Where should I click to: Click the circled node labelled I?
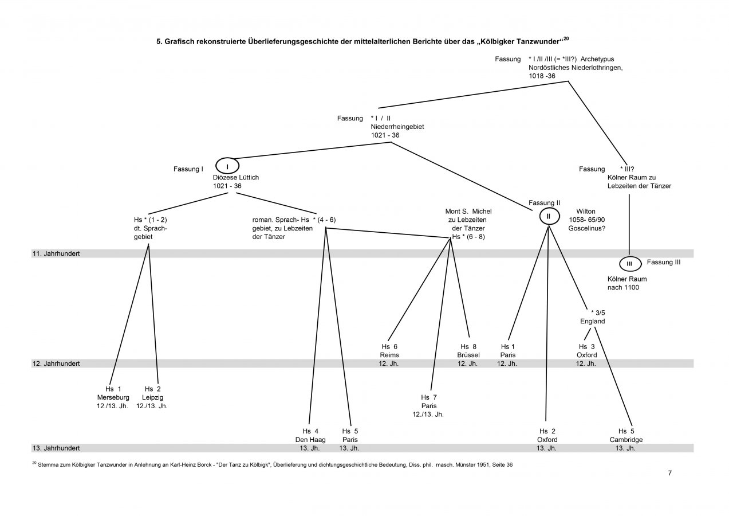[x=227, y=166]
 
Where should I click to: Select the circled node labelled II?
[x=548, y=216]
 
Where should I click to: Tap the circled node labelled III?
[x=629, y=264]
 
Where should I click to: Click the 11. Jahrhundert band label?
[x=56, y=253]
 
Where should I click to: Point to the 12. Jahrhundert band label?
[x=56, y=363]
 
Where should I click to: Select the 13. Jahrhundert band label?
[x=56, y=448]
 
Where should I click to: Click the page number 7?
[x=669, y=473]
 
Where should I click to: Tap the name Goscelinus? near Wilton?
[x=588, y=228]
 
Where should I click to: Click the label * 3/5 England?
[x=592, y=317]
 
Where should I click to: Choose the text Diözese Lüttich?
[x=236, y=177]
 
